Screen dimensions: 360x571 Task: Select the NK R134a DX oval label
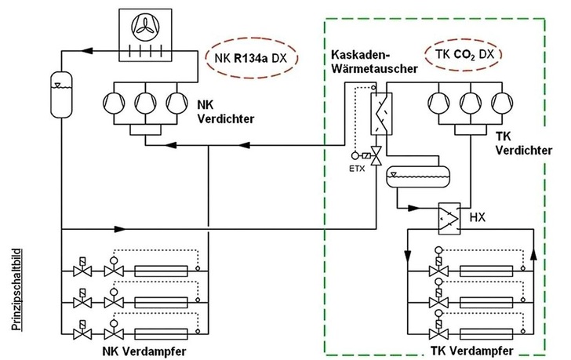[245, 56]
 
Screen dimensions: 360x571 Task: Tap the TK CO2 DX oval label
[464, 55]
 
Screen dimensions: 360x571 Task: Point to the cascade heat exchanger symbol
[381, 115]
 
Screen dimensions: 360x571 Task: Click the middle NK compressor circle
[147, 103]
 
